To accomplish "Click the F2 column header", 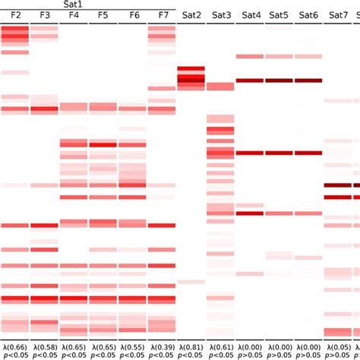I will click(x=15, y=15).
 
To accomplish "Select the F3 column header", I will click(x=44, y=15).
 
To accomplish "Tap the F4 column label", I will click(x=74, y=15).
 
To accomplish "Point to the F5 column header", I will click(x=103, y=15).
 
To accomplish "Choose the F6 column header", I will click(x=134, y=15).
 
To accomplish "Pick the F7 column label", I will click(x=163, y=15).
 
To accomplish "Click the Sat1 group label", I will click(x=89, y=5).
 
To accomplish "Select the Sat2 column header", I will click(x=191, y=15).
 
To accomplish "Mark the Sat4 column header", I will click(x=250, y=15).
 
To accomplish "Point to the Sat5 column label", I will click(x=279, y=15).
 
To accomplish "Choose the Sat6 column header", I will click(x=308, y=15).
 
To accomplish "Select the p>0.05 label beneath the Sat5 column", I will click(x=279, y=354).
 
